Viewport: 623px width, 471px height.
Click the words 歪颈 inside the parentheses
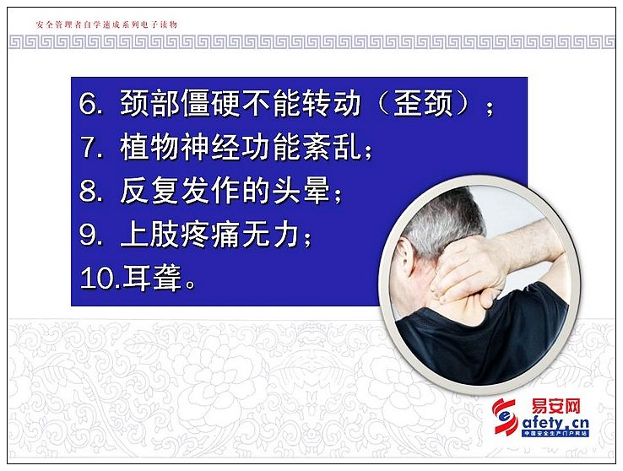point(423,103)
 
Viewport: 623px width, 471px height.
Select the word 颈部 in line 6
point(150,103)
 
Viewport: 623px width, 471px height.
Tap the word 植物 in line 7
point(150,147)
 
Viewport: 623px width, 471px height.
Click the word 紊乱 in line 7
point(333,147)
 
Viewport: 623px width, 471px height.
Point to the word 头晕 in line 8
point(302,191)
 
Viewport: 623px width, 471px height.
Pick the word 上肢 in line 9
point(150,235)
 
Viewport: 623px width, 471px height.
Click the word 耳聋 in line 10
point(153,278)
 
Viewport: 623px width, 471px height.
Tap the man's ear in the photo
point(406,257)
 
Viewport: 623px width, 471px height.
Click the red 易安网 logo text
point(555,407)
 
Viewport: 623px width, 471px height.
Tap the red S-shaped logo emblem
point(505,417)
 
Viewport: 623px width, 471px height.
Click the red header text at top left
point(106,24)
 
